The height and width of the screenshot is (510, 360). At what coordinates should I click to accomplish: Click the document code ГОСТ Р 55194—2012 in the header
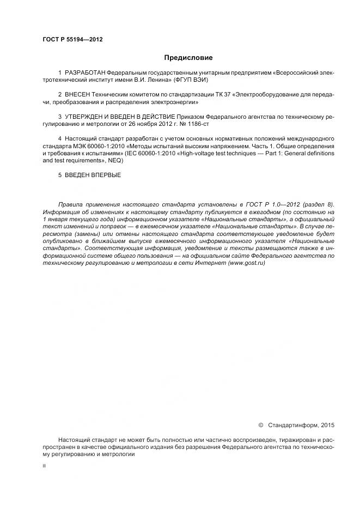[72, 40]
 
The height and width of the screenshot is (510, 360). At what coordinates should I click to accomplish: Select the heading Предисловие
[188, 57]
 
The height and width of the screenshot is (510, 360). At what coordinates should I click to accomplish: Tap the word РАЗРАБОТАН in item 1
[85, 72]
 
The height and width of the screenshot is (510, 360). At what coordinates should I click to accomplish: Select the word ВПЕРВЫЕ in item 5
[106, 175]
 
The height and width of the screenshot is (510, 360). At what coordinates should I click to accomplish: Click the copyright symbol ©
[260, 424]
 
